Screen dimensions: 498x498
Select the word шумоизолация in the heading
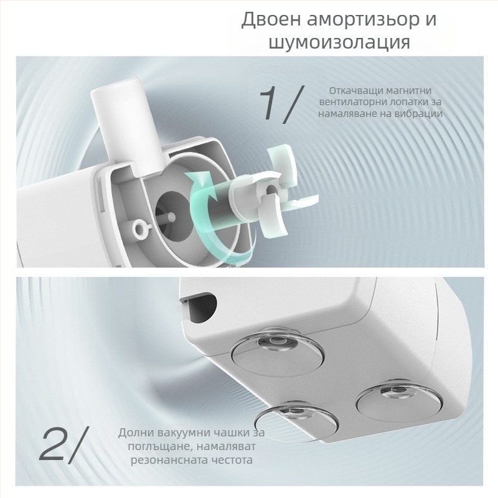click(339, 43)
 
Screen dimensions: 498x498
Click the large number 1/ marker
click(280, 103)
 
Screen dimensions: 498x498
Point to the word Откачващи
click(356, 90)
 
